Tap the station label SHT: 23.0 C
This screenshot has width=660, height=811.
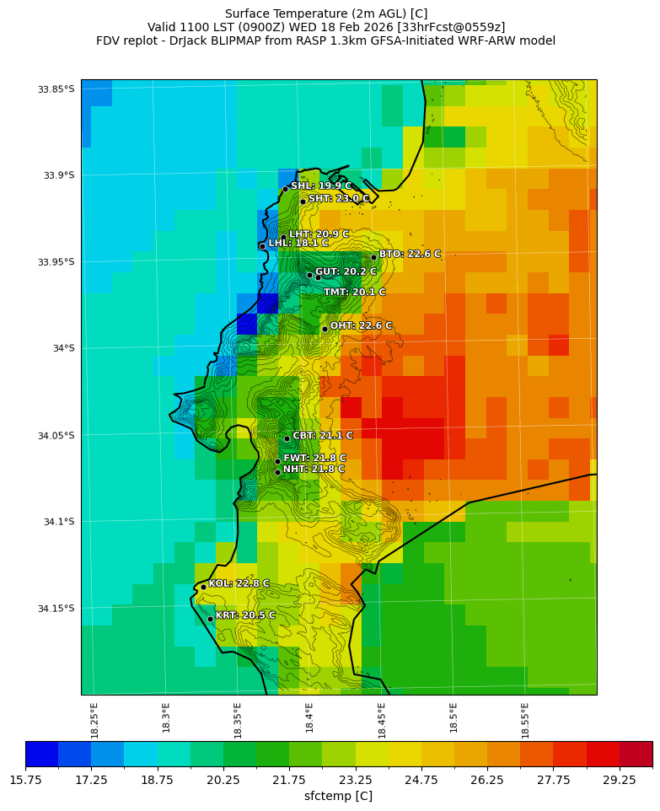coord(339,199)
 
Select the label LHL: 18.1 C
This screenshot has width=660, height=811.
coord(298,244)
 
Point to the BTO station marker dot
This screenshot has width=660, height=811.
coord(373,257)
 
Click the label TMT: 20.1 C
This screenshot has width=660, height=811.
coord(354,293)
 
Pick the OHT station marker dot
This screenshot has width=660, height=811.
coord(325,329)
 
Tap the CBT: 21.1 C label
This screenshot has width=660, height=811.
coord(323,436)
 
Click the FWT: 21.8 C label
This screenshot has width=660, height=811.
coord(314,458)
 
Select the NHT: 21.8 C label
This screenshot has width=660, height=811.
coord(314,469)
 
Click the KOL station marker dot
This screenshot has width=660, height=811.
coord(203,587)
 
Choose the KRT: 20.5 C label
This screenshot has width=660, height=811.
coord(245,615)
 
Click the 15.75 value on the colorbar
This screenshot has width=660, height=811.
coord(25,781)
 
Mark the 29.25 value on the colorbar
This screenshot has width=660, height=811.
coord(620,781)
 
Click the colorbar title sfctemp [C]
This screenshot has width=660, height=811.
coord(338,796)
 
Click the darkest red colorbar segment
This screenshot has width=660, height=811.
coord(636,754)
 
